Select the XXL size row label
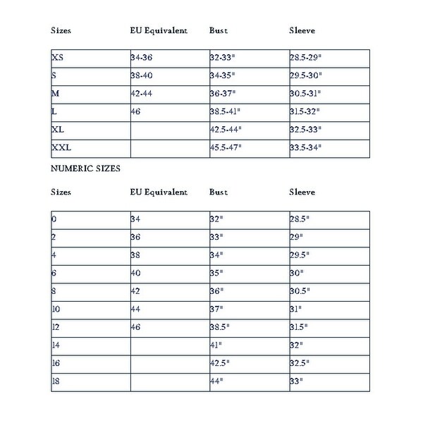63,148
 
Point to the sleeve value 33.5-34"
306,148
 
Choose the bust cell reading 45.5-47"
227,148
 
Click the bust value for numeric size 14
216,345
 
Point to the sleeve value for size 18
297,381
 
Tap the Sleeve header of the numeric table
302,192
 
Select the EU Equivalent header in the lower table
158,192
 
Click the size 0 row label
54,219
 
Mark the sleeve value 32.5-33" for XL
306,130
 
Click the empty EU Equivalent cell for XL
169,130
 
